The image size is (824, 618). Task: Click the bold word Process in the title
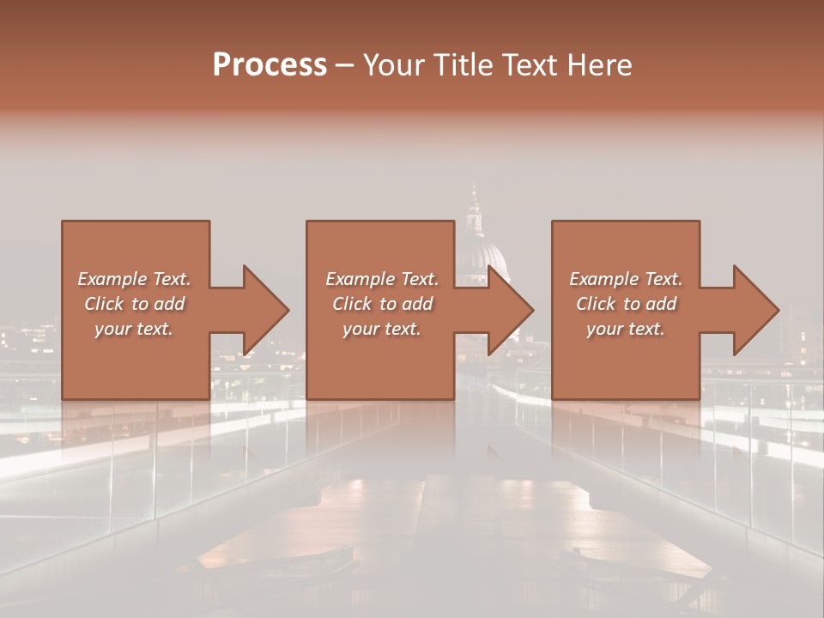[270, 65]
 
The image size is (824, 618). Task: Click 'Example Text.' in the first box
[134, 279]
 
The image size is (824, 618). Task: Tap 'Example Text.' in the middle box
[381, 279]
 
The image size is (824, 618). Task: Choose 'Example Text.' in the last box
[626, 279]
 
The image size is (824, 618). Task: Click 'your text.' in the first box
[134, 329]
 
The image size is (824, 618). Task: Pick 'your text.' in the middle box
[381, 329]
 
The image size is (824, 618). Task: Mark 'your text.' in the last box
[626, 329]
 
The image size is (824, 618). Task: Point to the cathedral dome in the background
[482, 257]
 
